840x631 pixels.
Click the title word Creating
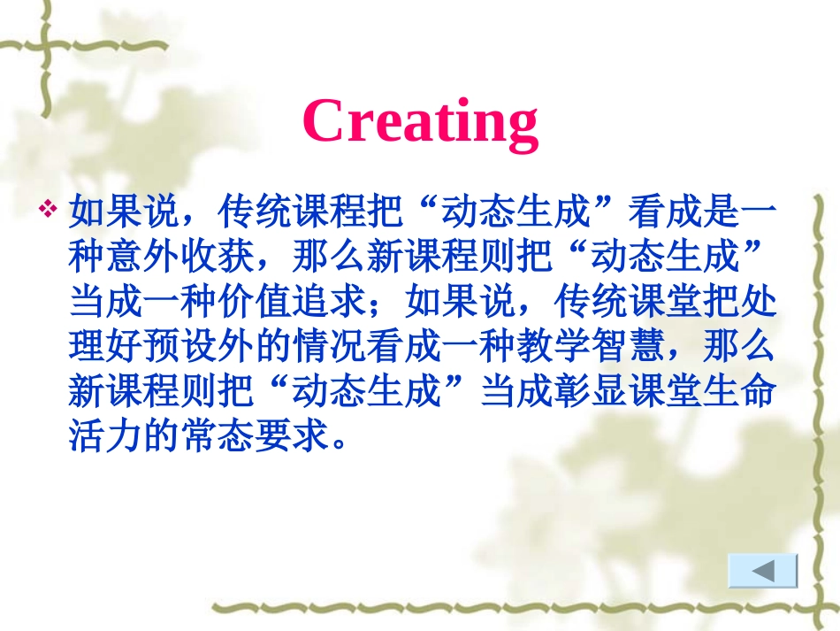420,121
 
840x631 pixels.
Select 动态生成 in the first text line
515,213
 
